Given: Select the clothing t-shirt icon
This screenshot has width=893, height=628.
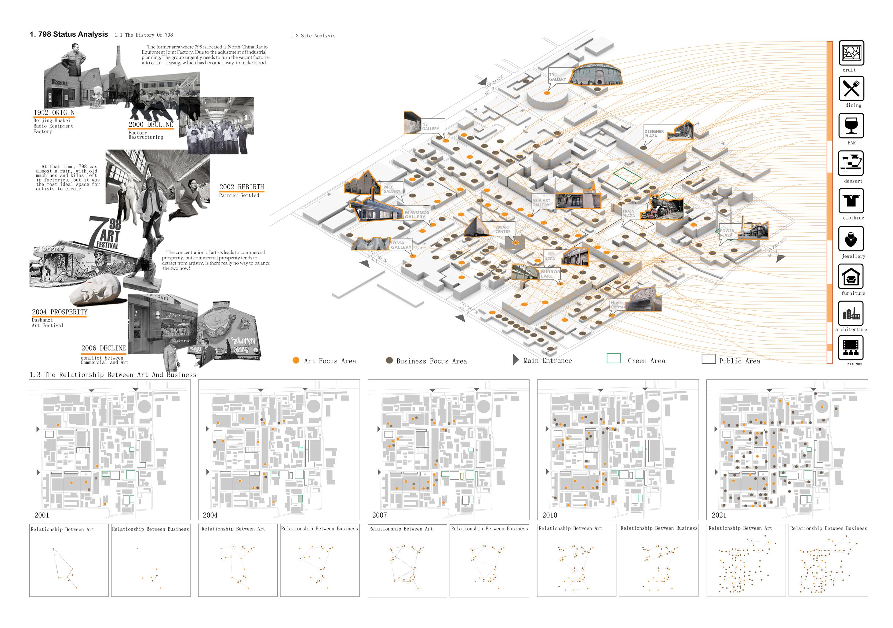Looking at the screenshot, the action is point(851,201).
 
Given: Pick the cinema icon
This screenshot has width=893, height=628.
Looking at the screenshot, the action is point(851,348).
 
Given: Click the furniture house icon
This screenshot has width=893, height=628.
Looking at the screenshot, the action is point(851,276).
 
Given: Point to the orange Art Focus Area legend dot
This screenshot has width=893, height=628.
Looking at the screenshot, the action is point(296,360).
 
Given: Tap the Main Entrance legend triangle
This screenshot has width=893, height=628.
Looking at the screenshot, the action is point(516,360).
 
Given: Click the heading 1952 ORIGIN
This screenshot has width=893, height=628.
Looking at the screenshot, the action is point(54,113).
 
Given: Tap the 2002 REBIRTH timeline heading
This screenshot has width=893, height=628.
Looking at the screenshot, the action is point(242,187).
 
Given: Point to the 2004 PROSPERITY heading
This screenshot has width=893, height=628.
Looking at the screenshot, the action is point(60,312).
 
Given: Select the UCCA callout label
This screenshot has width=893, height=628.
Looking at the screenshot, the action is point(549,259).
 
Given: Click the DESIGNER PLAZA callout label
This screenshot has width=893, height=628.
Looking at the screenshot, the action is point(654,134).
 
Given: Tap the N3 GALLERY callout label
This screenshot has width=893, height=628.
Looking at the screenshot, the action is point(430,127).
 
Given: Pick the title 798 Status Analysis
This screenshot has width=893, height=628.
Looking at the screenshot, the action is point(69,34).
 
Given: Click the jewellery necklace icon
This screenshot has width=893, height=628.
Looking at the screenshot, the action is point(851,239).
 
